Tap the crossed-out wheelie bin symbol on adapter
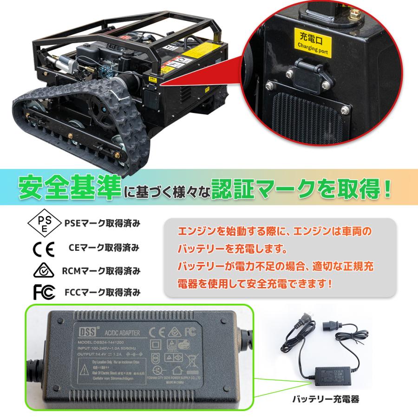(191, 359)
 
